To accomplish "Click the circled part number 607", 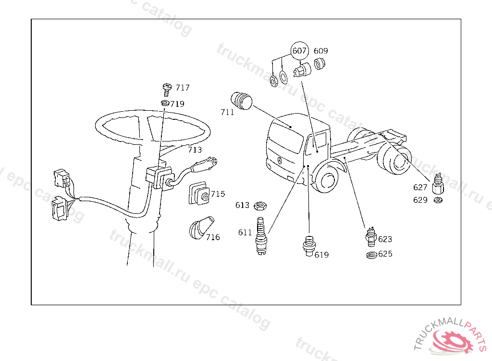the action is [299, 51].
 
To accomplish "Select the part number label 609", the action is [320, 51].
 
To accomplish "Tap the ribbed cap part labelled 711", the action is [241, 101].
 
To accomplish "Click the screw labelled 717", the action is [167, 90].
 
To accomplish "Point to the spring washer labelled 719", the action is [165, 103].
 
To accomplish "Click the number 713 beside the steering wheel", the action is [195, 150].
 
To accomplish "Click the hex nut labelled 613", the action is [260, 206].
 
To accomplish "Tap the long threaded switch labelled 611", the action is [261, 235].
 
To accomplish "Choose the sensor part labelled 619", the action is [309, 245].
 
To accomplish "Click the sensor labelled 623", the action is [371, 237].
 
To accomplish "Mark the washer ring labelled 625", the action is [372, 255].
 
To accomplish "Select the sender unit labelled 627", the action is [438, 183].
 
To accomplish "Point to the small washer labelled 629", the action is [438, 200].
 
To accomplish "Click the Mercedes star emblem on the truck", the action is [280, 161].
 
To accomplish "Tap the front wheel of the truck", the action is [326, 181].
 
